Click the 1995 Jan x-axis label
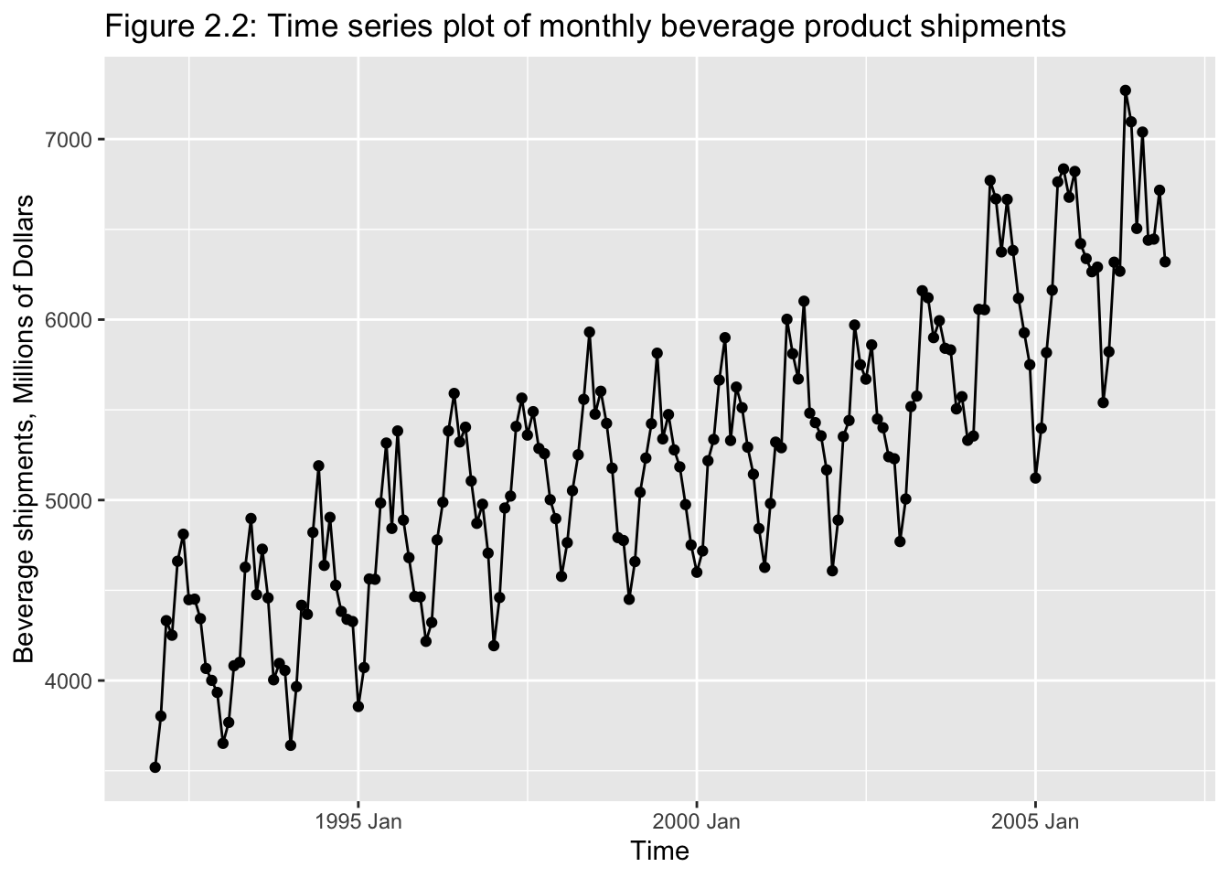click(x=358, y=821)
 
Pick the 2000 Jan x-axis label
click(x=696, y=821)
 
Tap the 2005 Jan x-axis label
click(x=1034, y=821)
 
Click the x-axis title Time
click(x=659, y=851)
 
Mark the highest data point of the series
click(x=1125, y=91)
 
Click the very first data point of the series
click(x=155, y=767)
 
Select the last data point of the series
click(x=1165, y=262)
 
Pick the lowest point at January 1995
click(x=358, y=706)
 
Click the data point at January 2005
click(x=1035, y=478)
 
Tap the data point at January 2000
click(x=697, y=572)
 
